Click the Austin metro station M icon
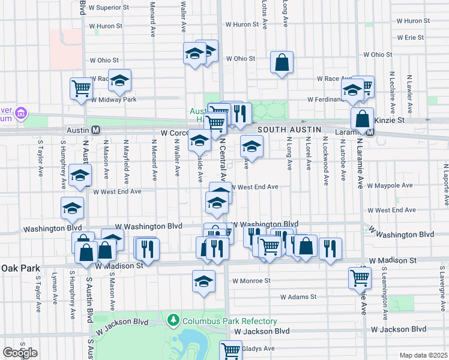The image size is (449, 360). point(95,130)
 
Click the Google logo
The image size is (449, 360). point(20,353)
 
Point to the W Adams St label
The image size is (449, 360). point(298,297)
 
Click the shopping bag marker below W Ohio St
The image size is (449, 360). point(282,62)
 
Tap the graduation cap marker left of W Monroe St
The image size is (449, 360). point(203,280)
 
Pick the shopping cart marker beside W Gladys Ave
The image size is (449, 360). point(230,350)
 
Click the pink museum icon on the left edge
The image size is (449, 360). point(22,113)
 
